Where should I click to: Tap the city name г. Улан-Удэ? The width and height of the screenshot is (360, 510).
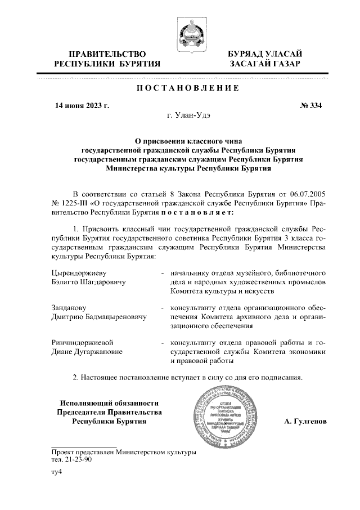[188, 115]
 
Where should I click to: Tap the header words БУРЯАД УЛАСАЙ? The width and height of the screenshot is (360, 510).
[265, 54]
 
